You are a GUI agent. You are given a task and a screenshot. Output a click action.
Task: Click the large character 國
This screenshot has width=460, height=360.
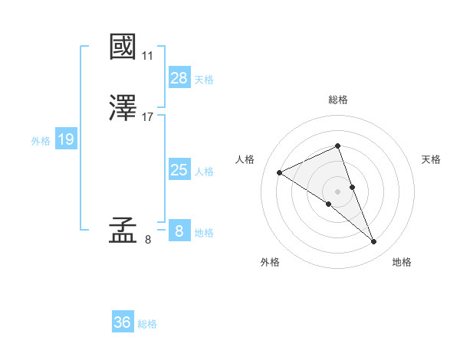click(x=123, y=47)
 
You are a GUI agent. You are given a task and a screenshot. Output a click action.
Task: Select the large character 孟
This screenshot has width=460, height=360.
click(x=123, y=230)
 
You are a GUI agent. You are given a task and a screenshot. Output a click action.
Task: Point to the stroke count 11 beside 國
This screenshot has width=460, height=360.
click(x=148, y=56)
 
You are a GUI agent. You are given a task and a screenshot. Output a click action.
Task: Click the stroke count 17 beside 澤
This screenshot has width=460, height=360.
click(x=148, y=117)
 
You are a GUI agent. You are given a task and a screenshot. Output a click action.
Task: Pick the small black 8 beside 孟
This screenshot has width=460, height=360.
click(x=148, y=240)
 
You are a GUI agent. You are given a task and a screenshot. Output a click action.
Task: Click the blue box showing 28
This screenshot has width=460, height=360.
click(x=179, y=77)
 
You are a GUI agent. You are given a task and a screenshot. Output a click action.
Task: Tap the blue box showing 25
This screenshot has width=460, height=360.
click(x=179, y=170)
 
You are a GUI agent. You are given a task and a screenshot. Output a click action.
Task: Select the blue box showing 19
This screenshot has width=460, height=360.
click(x=65, y=139)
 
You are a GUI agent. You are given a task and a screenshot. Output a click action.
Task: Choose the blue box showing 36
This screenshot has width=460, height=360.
click(x=122, y=323)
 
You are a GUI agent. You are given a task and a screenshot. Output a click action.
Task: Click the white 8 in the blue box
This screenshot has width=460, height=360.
click(x=179, y=231)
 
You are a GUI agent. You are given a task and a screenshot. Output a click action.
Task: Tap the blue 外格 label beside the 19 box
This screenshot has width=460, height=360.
click(x=41, y=141)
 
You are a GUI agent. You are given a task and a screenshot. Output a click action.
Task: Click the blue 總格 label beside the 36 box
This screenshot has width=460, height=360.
click(x=147, y=325)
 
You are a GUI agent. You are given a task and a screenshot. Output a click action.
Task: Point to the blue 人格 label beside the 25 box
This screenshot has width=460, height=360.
click(x=204, y=172)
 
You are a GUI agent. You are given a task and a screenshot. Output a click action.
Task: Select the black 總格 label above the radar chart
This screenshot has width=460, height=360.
click(x=337, y=100)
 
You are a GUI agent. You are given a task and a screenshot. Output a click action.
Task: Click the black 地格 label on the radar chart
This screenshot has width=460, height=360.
click(x=402, y=263)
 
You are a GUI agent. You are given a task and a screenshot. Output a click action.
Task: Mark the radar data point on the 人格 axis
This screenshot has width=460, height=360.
click(x=279, y=172)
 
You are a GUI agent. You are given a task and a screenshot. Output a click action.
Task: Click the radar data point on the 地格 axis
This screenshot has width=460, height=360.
click(x=374, y=242)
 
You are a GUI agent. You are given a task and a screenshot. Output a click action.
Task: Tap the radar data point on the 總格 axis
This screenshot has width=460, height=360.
click(x=337, y=146)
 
